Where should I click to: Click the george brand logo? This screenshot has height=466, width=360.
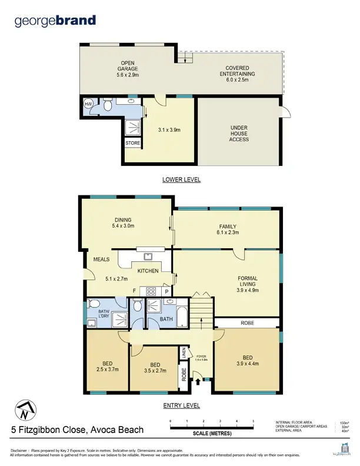coord(55,21)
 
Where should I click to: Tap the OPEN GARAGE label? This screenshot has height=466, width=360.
coord(128,69)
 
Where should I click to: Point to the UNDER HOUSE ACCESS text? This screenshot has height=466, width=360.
coord(239,134)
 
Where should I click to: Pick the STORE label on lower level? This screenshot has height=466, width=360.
coord(132,143)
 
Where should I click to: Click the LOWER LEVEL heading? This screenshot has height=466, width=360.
coord(181,179)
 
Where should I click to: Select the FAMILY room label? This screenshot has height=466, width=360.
coord(226,229)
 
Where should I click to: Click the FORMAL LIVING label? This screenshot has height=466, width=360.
coord(247,284)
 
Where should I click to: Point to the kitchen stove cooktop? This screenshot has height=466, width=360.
coord(150,291)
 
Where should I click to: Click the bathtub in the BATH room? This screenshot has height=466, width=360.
coord(181,315)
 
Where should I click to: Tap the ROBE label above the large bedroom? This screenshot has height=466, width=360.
coord(246,323)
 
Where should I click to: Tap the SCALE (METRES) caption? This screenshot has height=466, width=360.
coord(212,434)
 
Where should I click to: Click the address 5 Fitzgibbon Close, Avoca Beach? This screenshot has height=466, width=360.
coord(78,430)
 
